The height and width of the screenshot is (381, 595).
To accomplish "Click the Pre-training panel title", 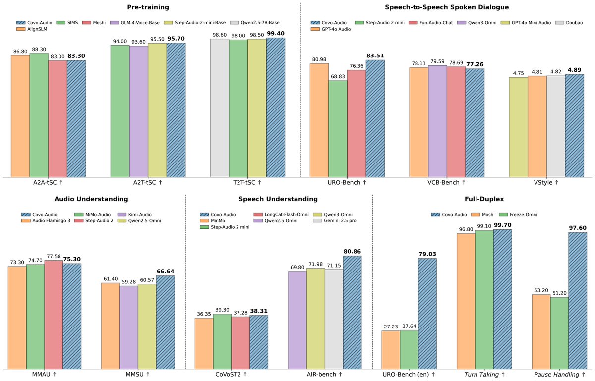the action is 148,7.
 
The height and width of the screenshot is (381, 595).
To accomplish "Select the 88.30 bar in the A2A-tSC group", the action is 39,115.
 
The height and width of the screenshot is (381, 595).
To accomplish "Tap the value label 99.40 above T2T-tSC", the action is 276,34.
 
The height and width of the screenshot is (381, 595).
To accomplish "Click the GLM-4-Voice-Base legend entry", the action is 135,23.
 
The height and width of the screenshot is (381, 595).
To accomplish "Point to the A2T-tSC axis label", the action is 148,183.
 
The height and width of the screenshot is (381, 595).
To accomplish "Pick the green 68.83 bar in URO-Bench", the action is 338,129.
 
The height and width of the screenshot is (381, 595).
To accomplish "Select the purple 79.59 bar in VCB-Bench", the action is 437,121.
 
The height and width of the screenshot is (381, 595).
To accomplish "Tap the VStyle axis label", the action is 546,183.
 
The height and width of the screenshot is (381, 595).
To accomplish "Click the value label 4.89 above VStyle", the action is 575,70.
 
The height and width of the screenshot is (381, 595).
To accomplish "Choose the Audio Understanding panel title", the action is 91,199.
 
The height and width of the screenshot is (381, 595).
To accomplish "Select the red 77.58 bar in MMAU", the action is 54,315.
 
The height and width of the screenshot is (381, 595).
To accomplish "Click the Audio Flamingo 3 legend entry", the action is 46,220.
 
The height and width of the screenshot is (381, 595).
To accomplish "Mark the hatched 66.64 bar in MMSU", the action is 166,323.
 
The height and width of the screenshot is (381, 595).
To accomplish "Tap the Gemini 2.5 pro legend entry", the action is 335,220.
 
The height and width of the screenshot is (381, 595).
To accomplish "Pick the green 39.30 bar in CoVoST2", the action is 222,341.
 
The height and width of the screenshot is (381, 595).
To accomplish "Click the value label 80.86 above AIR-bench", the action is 352,251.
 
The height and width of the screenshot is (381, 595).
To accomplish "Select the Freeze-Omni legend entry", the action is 518,214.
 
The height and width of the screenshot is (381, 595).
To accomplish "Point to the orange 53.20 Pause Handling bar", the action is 541,331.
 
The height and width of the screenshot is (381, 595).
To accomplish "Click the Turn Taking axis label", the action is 484,375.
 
